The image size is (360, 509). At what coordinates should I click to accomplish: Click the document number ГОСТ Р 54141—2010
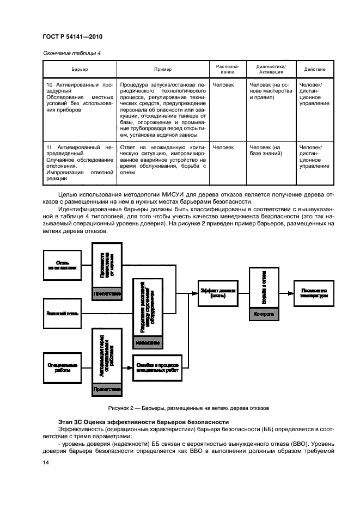[72, 37]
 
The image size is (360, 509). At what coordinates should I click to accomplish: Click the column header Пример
[162, 70]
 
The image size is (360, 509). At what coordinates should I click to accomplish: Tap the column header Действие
[315, 70]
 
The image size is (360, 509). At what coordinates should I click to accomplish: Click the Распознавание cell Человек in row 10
[223, 85]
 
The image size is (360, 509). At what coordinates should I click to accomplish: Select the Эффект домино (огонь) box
[218, 293]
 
